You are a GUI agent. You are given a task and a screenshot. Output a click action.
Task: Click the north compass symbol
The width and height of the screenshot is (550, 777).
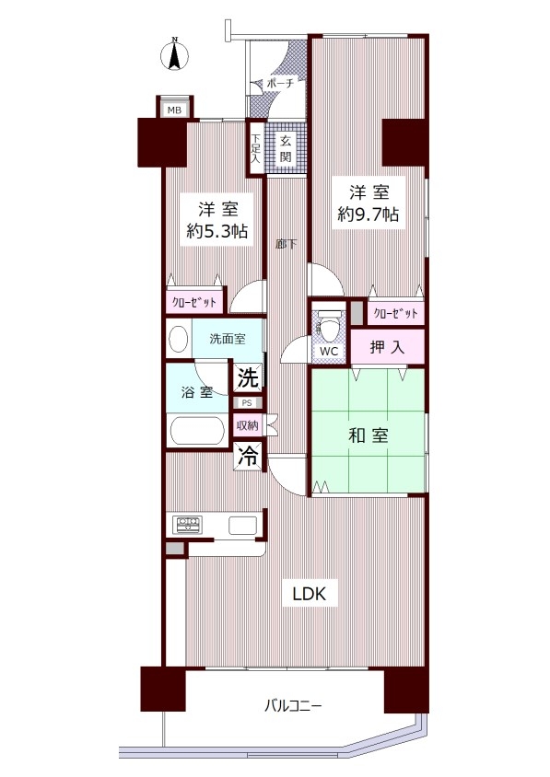tap(174, 55)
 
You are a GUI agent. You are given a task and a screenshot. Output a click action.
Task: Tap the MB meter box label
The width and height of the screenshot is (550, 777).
tap(174, 110)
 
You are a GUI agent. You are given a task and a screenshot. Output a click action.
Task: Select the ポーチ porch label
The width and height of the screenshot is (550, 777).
tap(280, 83)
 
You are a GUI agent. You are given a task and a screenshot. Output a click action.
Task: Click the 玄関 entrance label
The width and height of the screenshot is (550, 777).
tap(286, 148)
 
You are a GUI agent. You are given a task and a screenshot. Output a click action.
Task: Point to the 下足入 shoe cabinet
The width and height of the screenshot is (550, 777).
tap(256, 147)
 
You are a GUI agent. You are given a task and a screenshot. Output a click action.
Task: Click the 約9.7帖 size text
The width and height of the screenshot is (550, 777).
tap(369, 215)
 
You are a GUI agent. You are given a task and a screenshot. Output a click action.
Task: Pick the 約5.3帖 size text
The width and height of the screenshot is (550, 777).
tap(217, 231)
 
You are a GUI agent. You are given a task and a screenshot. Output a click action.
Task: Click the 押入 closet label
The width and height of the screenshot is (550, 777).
tap(387, 347)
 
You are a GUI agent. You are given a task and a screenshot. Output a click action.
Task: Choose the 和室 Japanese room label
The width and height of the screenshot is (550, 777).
tap(369, 435)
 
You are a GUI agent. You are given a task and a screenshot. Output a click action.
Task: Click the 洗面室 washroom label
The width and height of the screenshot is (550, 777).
tap(228, 340)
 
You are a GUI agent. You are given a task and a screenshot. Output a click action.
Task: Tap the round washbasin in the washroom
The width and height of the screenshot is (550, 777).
tap(179, 340)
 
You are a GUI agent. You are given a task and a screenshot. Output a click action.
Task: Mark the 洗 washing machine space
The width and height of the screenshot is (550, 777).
tap(248, 378)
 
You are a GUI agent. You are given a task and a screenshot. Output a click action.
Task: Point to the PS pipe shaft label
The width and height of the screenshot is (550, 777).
tap(247, 403)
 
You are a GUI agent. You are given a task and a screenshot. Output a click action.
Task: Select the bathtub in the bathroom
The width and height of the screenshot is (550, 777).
tap(197, 431)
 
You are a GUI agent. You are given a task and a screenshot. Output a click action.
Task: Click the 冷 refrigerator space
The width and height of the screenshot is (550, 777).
tap(248, 456)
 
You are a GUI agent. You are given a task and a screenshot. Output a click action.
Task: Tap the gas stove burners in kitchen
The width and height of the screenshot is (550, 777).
tap(187, 524)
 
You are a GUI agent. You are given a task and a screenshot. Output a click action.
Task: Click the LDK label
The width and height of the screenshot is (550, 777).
tap(310, 593)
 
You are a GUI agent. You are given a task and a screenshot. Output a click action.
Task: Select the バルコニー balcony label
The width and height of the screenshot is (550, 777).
tap(293, 705)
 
